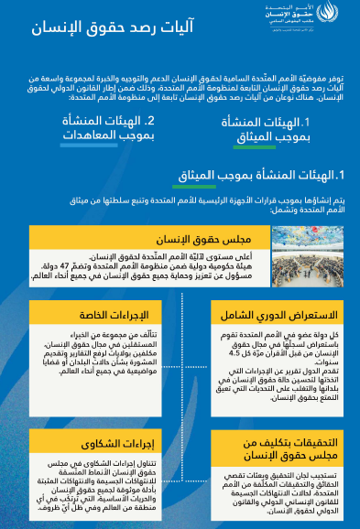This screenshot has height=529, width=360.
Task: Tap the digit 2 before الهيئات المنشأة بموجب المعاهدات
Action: tap(149, 121)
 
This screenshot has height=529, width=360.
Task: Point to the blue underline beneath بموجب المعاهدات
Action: tap(91, 146)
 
